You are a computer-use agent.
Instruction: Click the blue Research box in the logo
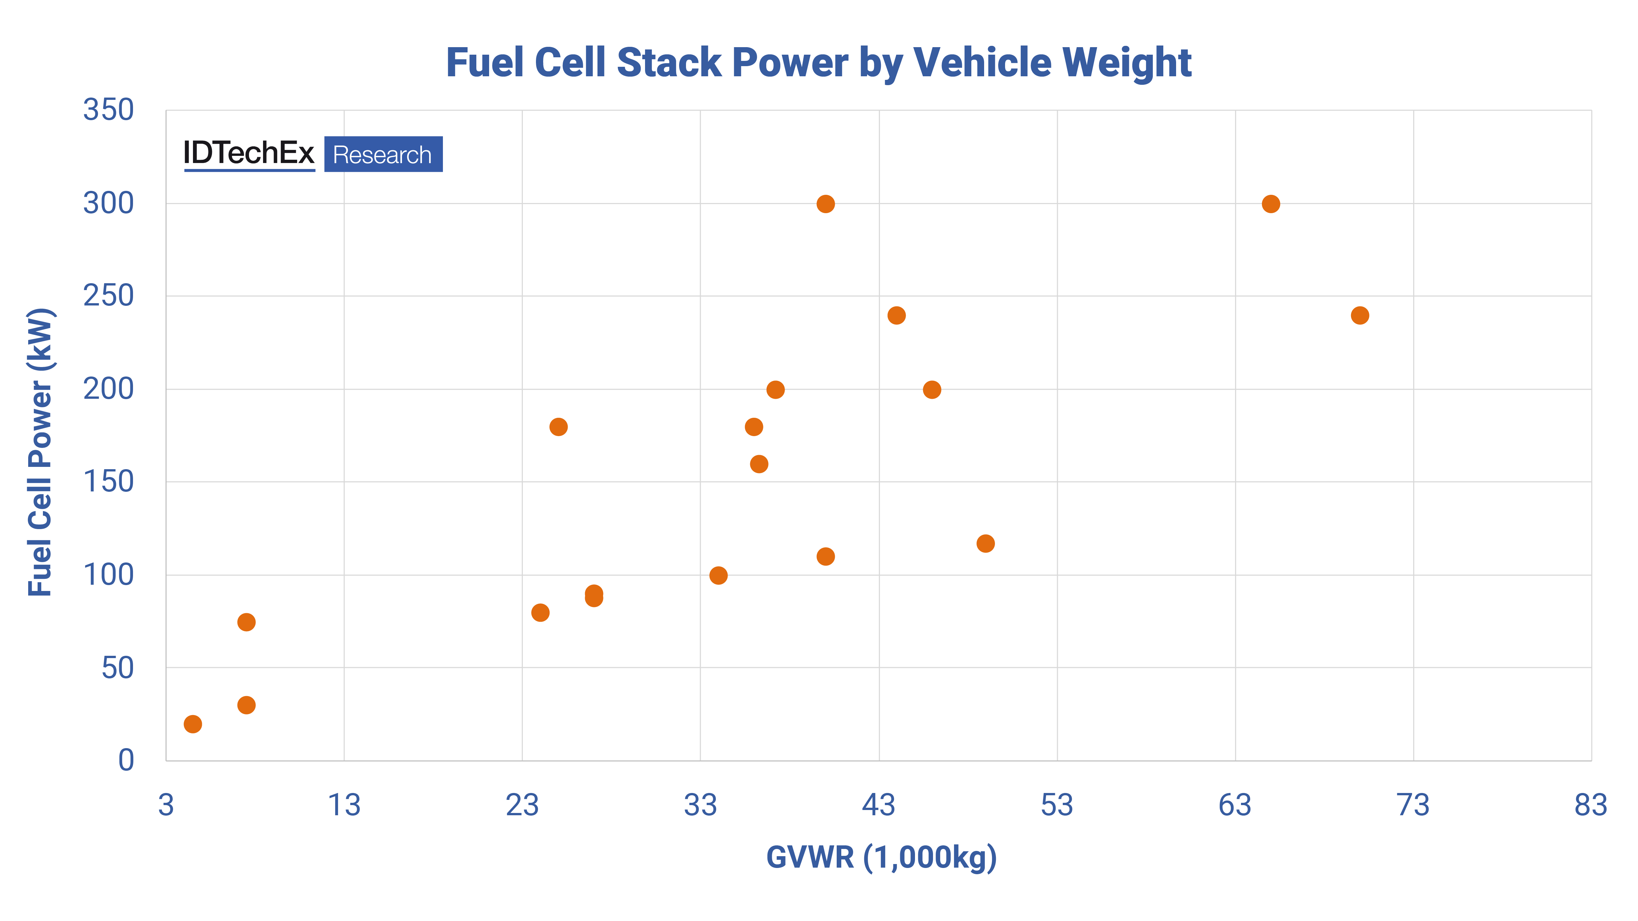(x=383, y=155)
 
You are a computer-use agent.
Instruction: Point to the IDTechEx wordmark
(x=249, y=153)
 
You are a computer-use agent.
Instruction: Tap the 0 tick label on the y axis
(x=126, y=760)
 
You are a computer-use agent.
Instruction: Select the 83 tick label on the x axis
(x=1590, y=805)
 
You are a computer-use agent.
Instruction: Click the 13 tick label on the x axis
(x=344, y=805)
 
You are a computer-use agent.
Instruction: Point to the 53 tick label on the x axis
(x=1057, y=805)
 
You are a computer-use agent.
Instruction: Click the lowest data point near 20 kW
(x=193, y=724)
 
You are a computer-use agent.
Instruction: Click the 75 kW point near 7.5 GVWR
(x=246, y=622)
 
